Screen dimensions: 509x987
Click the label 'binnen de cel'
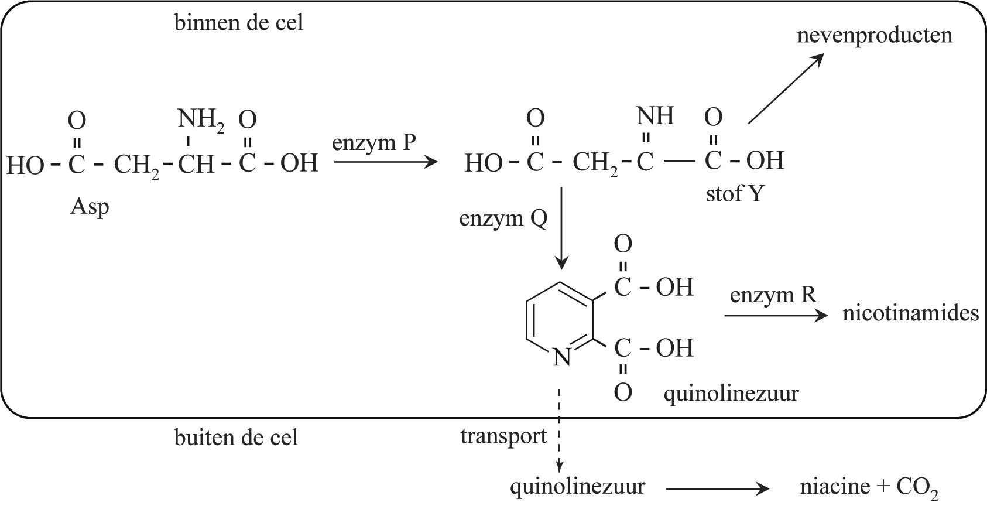[239, 23]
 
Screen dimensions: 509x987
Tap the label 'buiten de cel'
[236, 438]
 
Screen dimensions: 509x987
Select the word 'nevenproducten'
[874, 35]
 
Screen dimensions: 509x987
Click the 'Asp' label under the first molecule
[89, 207]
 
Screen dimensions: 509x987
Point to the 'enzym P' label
[373, 142]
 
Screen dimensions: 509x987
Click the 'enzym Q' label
[503, 218]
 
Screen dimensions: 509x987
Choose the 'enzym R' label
[773, 295]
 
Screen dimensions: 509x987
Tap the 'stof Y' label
[734, 194]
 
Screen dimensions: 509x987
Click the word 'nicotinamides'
[910, 313]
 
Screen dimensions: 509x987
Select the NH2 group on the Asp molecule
[200, 120]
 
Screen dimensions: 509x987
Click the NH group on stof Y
[655, 116]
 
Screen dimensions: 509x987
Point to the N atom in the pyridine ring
[561, 357]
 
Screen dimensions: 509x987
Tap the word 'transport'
[503, 436]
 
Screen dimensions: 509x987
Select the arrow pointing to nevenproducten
[786, 89]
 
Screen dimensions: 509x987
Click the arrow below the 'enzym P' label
[385, 161]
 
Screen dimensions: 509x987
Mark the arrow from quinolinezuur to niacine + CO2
[717, 488]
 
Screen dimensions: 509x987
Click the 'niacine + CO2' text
[869, 487]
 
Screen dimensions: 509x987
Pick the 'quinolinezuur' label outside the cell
[577, 487]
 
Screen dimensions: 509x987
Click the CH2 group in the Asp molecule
[136, 165]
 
